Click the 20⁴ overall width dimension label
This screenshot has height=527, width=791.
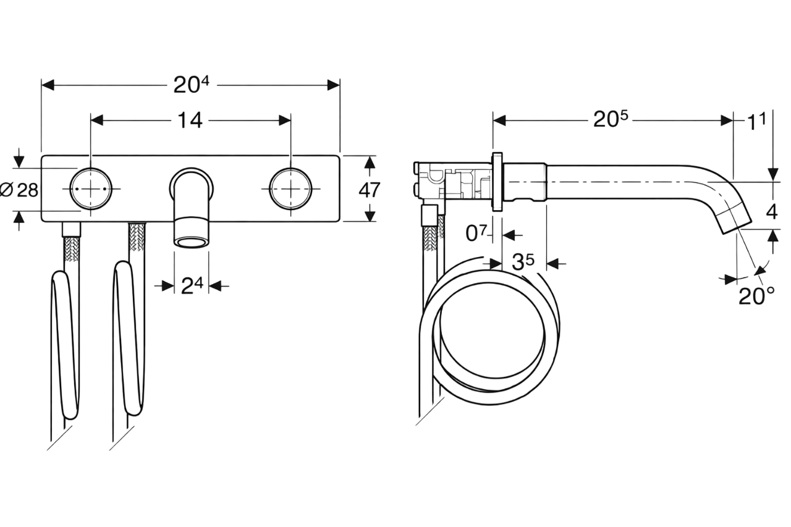pos(191,85)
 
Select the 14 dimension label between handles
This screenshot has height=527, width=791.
pos(190,120)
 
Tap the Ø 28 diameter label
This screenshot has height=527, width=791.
pos(19,190)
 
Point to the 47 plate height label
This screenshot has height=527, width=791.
pos(370,190)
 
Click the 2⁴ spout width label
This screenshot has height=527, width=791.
pos(192,285)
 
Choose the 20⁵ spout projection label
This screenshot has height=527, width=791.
pos(611,119)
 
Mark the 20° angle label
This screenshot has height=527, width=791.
pos(756,296)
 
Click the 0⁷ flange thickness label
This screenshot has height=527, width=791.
pos(476,233)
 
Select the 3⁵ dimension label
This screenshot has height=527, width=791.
pos(523,262)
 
